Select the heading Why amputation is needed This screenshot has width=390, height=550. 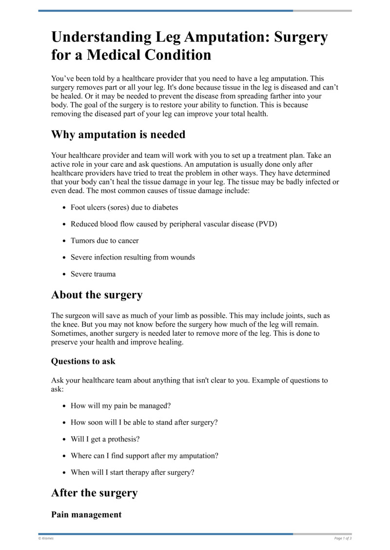(x=118, y=134)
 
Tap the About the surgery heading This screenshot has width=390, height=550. (x=97, y=294)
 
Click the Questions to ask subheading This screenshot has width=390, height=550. (x=83, y=361)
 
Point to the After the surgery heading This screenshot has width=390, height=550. (x=94, y=493)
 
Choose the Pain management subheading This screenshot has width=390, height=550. (x=86, y=514)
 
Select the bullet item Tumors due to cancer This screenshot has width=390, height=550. (x=104, y=240)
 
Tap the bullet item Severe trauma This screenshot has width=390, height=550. (x=93, y=274)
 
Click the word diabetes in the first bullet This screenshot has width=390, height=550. (x=164, y=207)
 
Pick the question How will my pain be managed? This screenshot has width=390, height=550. (x=120, y=405)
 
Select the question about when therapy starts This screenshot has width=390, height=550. (x=132, y=472)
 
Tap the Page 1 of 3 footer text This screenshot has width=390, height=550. (x=343, y=538)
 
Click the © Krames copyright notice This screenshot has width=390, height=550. (x=46, y=538)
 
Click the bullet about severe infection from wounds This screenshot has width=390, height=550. (x=133, y=257)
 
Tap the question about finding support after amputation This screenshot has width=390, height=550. (x=144, y=456)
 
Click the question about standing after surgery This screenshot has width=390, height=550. (x=144, y=422)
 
